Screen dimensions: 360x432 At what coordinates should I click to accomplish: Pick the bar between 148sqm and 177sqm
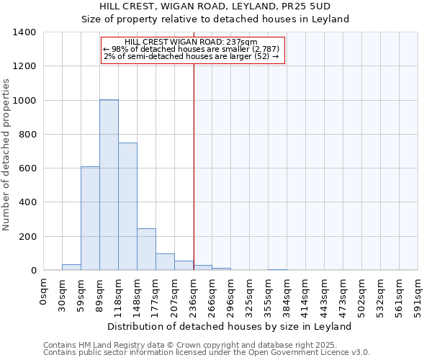146,249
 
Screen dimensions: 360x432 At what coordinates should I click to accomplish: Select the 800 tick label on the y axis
27,135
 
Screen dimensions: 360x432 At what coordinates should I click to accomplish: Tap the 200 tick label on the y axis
27,237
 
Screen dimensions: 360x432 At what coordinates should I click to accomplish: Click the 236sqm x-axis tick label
194,296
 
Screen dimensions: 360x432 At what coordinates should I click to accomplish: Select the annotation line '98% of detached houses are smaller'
192,49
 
